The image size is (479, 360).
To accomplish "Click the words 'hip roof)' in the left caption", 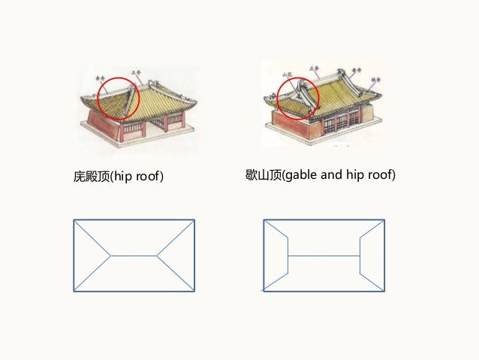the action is point(139,177).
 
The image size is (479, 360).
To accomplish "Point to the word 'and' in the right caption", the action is point(332,175).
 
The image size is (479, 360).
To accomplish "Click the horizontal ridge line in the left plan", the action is point(134,256).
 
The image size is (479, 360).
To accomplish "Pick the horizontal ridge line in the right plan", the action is point(324,256).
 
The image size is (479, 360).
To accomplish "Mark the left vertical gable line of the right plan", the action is point(288,256).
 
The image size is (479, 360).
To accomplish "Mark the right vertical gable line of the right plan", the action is point(360,256).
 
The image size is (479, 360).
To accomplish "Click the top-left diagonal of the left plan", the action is point(92,237).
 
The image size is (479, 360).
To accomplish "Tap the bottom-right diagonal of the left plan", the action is point(176,274).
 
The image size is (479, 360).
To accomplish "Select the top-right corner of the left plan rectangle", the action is point(194,219).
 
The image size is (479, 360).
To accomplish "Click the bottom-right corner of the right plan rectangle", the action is point(384,291).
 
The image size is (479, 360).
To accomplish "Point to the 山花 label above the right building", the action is point(287,75).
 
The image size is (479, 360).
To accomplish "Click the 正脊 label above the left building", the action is point(137,74).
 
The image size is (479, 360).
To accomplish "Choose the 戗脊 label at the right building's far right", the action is point(372,77).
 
